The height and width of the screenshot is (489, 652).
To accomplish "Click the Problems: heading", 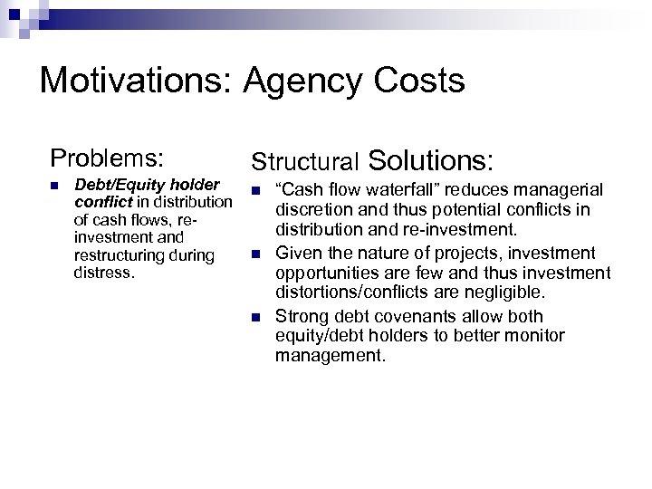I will (107, 157).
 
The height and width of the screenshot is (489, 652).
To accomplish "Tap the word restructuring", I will (114, 254).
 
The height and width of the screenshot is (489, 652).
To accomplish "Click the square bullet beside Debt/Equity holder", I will (55, 186).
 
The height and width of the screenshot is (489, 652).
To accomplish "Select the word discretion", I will (311, 211).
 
